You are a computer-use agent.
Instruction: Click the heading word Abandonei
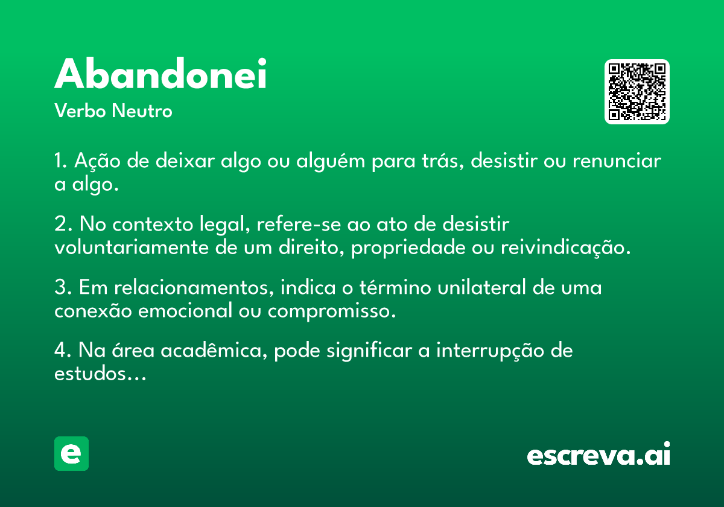[160, 73]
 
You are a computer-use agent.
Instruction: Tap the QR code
[637, 92]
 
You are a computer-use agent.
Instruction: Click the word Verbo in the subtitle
[80, 110]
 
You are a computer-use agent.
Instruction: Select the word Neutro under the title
[142, 110]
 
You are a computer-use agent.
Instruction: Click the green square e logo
[71, 453]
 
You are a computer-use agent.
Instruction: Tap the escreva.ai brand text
[599, 453]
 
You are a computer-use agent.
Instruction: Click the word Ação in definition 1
[97, 161]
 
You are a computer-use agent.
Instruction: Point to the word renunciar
[617, 161]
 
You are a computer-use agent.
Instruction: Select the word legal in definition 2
[224, 225]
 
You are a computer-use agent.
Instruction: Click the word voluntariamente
[132, 247]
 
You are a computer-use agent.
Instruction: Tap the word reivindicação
[566, 248]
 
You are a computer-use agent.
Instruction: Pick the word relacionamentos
[194, 287]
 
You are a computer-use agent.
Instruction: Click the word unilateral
[482, 287]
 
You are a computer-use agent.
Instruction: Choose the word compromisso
[332, 311]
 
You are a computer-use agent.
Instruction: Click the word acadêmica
[214, 351]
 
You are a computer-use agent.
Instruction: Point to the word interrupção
[491, 351]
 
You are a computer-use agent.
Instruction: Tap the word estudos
[100, 374]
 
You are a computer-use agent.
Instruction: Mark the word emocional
[185, 311]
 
